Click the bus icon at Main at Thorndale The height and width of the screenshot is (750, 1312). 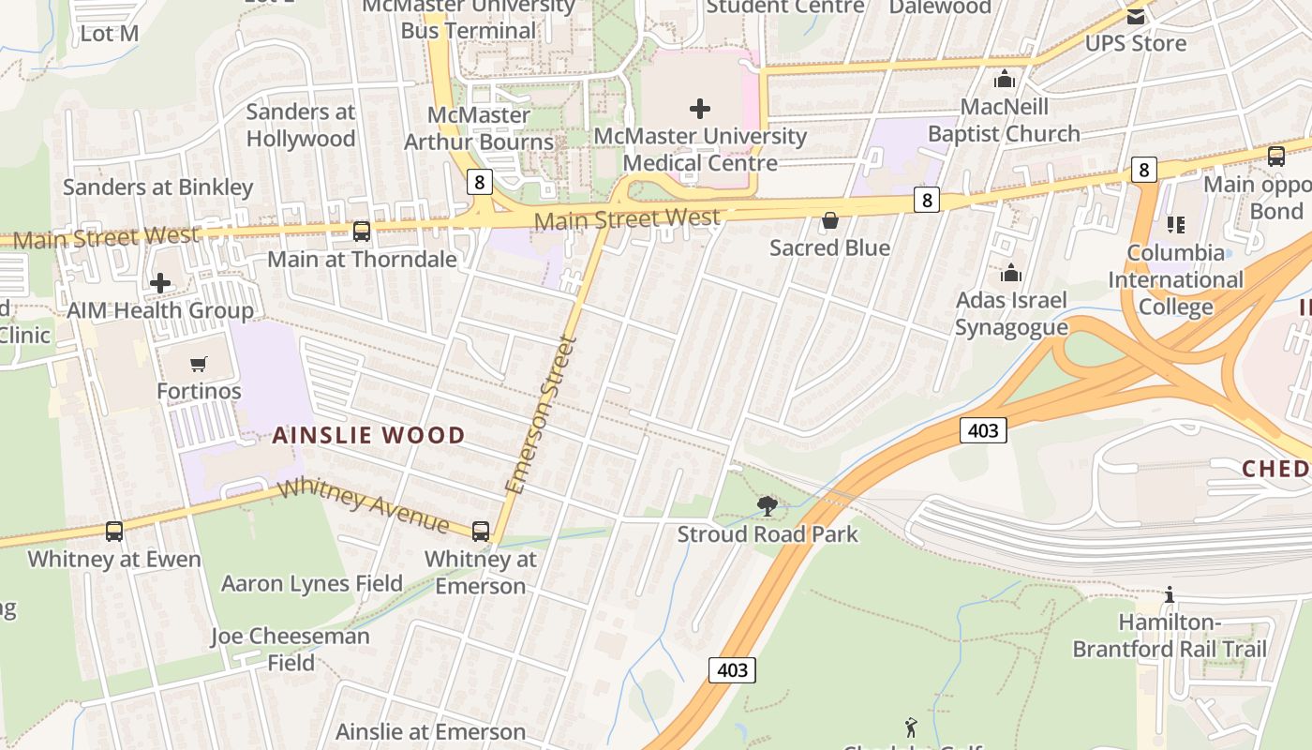coord(362,231)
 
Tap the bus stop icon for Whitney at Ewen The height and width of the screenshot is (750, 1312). coord(114,532)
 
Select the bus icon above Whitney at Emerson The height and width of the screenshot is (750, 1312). coord(481,532)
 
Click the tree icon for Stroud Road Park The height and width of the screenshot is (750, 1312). coord(768,507)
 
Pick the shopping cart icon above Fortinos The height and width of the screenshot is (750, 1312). coord(199,364)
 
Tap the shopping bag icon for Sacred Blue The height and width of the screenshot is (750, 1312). coord(829,221)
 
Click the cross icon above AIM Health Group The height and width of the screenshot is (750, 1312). coord(160,282)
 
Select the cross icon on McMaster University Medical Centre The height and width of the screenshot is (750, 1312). coord(700,109)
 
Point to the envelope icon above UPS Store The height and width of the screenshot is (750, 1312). coord(1136,16)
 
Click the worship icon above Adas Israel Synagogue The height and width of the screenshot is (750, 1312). coord(1011,273)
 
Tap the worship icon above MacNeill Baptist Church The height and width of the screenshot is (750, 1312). coord(1005,79)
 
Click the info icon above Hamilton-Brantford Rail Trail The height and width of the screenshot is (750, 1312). coord(1169,594)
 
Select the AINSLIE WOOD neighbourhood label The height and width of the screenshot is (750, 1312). coord(368,435)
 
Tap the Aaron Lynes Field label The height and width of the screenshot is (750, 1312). coord(312,583)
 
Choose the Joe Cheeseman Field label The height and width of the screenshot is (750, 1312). coord(291,649)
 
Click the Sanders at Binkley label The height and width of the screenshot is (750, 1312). coord(158,187)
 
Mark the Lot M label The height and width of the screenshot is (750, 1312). coord(110,33)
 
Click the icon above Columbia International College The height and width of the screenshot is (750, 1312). coord(1175,224)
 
